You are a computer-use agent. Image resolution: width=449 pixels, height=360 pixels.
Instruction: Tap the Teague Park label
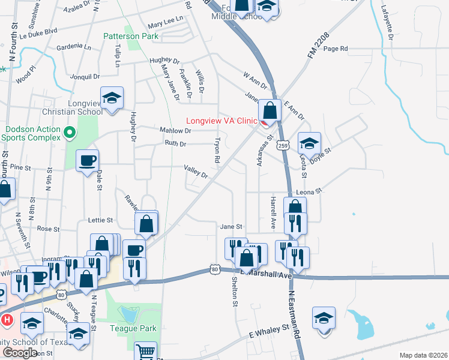133,328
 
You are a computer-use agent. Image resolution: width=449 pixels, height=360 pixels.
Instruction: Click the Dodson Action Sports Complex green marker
70,132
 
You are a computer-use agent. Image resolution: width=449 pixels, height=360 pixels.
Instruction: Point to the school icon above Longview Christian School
112,98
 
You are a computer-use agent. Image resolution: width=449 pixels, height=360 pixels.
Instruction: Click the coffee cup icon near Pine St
87,161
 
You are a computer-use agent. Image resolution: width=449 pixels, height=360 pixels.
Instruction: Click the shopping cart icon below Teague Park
145,352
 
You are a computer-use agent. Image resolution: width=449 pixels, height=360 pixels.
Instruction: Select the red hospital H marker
7,320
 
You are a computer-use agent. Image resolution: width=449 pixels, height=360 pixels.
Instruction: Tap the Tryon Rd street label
217,151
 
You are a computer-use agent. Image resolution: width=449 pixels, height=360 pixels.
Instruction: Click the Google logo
20,352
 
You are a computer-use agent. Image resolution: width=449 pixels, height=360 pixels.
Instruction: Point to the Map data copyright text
424,355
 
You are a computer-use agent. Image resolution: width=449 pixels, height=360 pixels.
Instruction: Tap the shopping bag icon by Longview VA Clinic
271,110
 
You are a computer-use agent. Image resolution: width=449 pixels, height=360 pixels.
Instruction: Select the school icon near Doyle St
309,143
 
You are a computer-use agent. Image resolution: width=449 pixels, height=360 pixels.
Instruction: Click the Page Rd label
336,49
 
